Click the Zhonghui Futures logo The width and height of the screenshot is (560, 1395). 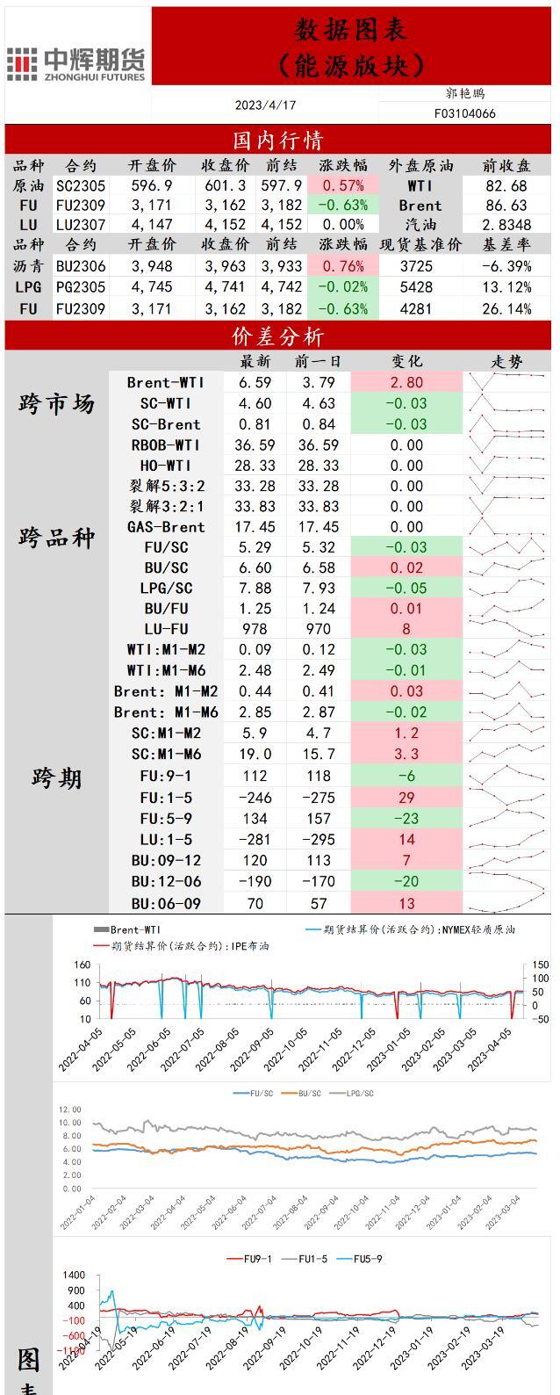click(x=75, y=64)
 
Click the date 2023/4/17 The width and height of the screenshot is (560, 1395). click(x=265, y=105)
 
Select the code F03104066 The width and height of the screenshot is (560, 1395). click(x=464, y=113)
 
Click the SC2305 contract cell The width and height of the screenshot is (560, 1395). click(x=81, y=185)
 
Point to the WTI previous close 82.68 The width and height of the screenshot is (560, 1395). click(x=506, y=185)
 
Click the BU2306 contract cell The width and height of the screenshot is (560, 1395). click(x=81, y=266)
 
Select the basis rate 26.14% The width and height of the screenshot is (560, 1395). click(x=506, y=308)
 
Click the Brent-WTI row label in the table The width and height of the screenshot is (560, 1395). click(x=166, y=382)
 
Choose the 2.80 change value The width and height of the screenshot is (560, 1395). click(x=406, y=382)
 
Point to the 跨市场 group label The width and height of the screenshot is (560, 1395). click(x=56, y=404)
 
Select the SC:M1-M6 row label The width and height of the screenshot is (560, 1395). click(x=166, y=754)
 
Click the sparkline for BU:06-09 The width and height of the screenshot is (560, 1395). click(x=506, y=903)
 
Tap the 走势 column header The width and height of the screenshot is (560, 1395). click(x=506, y=361)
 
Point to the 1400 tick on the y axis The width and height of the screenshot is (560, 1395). click(x=74, y=1275)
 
